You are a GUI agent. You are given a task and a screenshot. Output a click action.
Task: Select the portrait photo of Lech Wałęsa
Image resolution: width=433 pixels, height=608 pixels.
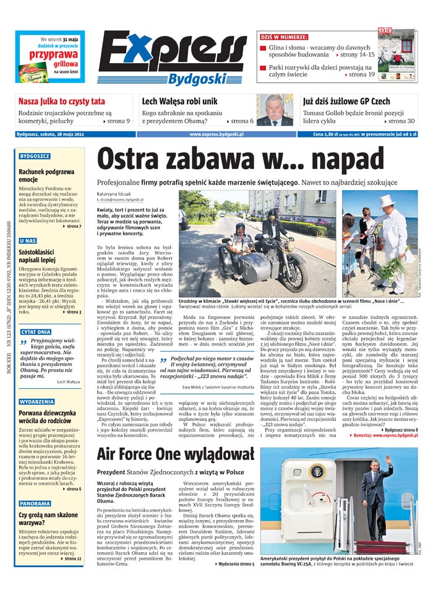(275, 110)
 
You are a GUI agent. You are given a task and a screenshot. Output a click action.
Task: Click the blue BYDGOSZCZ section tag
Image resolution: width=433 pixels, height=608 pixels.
(35, 157)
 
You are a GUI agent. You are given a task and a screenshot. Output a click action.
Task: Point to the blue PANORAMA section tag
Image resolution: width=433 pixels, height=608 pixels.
(35, 504)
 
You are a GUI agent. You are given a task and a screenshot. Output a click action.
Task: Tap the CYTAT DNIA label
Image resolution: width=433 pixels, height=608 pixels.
(36, 332)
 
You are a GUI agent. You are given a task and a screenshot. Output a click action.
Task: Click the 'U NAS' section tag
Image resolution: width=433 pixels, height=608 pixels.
(28, 241)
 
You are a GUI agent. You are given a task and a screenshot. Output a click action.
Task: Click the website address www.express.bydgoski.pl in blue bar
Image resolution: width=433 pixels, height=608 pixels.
(216, 134)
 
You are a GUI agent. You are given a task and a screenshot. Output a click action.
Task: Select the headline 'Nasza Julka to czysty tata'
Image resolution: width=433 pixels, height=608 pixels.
(61, 101)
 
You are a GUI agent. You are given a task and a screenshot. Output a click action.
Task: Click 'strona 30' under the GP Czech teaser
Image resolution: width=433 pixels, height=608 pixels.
(401, 121)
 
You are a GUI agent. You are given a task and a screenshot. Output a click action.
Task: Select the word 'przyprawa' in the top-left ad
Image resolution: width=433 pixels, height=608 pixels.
(49, 54)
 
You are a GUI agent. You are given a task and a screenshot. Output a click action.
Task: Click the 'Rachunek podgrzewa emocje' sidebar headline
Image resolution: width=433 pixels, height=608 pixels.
(46, 175)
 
